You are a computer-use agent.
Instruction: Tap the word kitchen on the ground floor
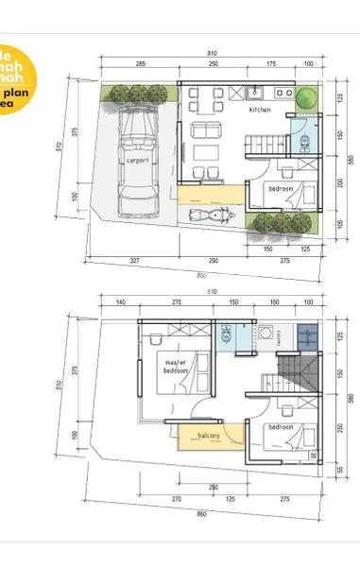(x=261, y=111)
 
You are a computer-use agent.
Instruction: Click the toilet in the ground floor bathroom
(x=304, y=143)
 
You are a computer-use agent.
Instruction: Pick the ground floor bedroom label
(x=281, y=189)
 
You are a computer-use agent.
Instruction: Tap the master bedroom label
(x=176, y=367)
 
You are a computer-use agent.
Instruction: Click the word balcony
(x=209, y=436)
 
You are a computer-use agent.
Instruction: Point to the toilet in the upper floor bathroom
(x=225, y=335)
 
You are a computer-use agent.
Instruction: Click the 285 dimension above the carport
(x=139, y=63)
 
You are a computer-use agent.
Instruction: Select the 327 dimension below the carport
(x=136, y=260)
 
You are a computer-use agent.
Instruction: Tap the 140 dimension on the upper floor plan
(x=121, y=301)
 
